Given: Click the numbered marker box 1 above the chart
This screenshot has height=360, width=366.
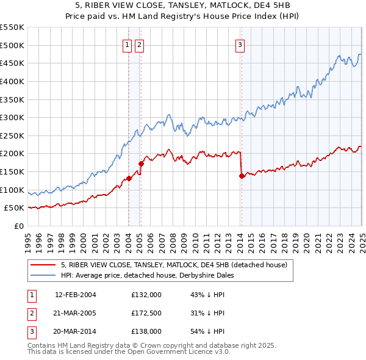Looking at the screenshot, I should tap(128, 45).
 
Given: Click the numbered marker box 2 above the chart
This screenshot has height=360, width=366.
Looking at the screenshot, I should tap(140, 45).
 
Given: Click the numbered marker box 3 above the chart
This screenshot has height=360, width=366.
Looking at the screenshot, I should tap(240, 45).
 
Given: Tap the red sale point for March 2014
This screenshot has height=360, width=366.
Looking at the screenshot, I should tap(242, 176).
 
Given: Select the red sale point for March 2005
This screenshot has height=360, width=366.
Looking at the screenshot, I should tap(141, 164).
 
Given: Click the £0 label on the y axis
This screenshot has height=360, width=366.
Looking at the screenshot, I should tap(18, 226).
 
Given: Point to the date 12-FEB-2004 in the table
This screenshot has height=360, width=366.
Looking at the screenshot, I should tap(76, 295).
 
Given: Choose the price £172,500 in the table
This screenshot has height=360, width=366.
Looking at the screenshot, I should tap(146, 313).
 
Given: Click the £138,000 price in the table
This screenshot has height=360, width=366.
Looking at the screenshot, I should tap(146, 331).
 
